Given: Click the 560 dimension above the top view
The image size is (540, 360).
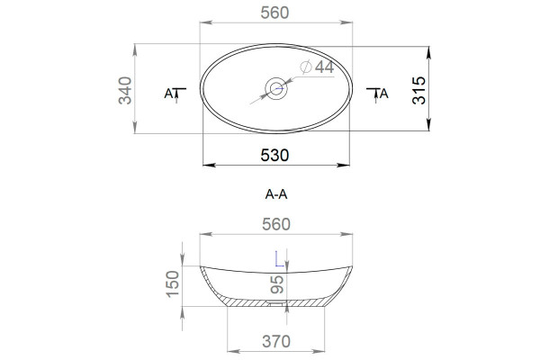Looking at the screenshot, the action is (x=274, y=13).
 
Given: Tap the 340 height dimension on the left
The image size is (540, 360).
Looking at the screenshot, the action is (x=125, y=90).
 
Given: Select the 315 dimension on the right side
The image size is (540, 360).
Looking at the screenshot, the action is (x=418, y=90).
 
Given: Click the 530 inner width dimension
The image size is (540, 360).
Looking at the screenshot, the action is (x=274, y=156).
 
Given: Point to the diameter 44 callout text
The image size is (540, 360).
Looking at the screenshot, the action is (x=317, y=67).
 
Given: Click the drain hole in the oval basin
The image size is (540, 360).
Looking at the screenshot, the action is (x=276, y=88).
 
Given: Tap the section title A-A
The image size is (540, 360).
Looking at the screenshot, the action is (x=276, y=194).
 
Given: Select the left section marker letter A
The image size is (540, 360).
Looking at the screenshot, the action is (x=168, y=94).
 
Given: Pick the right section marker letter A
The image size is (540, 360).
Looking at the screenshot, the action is (x=383, y=94).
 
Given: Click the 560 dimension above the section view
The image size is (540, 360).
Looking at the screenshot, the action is (x=276, y=224).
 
